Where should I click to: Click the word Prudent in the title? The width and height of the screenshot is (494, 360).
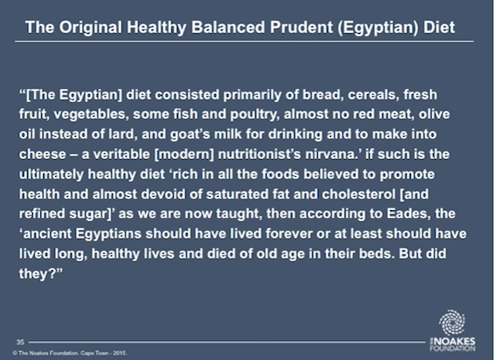301,27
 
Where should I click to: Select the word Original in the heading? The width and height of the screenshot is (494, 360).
91,27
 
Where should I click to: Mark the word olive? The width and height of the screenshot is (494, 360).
434,115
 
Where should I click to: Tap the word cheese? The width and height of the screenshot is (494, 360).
43,155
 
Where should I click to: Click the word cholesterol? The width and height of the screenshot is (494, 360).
358,194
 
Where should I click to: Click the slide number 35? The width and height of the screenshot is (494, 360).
20,342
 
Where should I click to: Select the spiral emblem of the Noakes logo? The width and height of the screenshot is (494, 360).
452,322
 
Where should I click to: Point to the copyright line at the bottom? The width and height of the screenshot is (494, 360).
70,353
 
